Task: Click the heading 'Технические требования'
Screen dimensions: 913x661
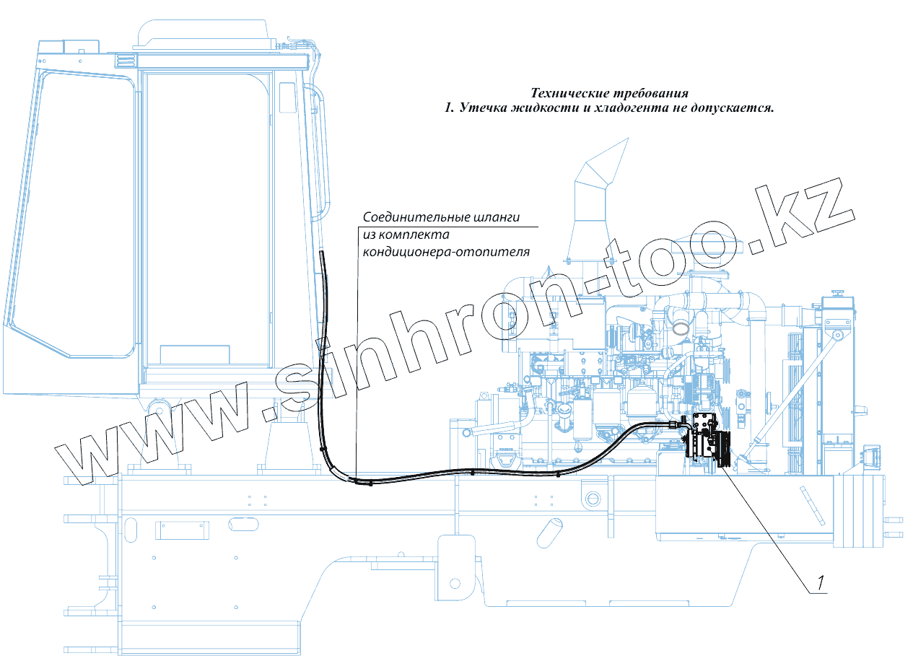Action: tap(609, 93)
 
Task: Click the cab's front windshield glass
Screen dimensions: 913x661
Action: tap(72, 216)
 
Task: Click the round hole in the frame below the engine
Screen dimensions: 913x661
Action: tap(594, 498)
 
